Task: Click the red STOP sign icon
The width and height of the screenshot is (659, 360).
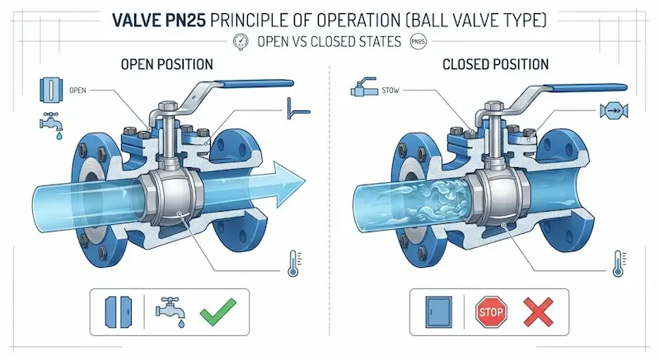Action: [x=491, y=311]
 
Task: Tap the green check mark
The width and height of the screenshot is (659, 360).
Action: [x=217, y=311]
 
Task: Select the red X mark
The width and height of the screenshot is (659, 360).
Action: [x=538, y=311]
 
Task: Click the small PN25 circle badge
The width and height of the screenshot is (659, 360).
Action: [x=418, y=41]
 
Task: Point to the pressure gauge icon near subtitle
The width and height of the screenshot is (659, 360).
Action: [x=241, y=41]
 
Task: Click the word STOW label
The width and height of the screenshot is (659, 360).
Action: [x=390, y=91]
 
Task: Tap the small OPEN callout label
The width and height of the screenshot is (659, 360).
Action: [x=77, y=91]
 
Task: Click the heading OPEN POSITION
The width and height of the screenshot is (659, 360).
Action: [x=167, y=64]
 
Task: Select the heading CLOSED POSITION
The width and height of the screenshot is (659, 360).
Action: [x=496, y=64]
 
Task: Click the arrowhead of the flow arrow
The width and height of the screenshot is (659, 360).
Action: [x=292, y=184]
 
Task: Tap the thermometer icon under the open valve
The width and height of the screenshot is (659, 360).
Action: [x=293, y=264]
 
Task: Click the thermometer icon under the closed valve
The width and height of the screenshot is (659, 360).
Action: [x=619, y=264]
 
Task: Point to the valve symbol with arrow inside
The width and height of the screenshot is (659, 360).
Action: [x=614, y=111]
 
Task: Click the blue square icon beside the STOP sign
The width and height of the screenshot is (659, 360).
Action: [x=439, y=312]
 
